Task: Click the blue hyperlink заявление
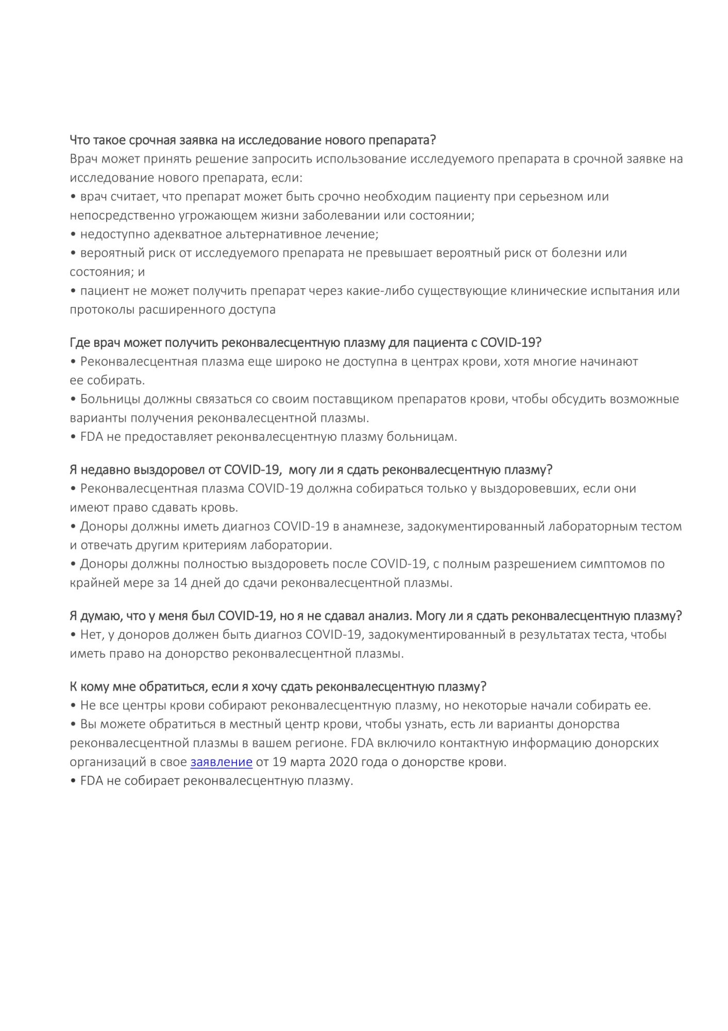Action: coord(221,762)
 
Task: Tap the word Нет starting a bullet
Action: coord(92,635)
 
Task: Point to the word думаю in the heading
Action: coord(100,616)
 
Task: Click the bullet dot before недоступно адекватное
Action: coord(73,235)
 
